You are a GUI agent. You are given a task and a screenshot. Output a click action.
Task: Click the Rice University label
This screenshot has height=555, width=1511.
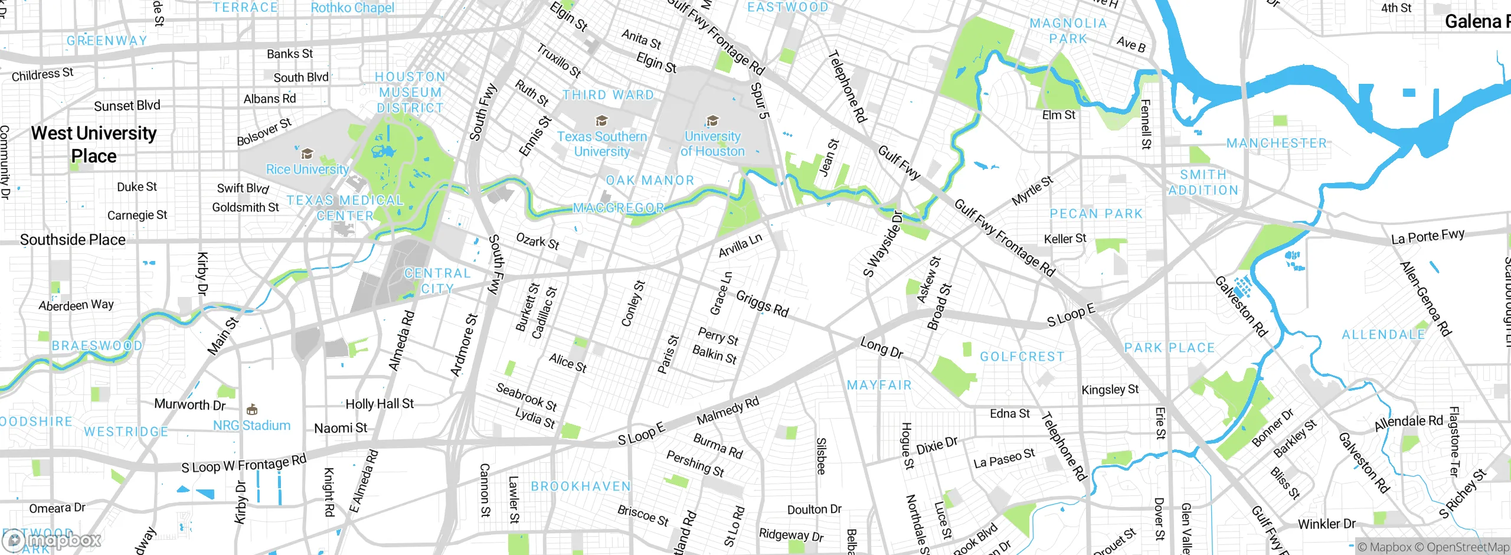(x=307, y=169)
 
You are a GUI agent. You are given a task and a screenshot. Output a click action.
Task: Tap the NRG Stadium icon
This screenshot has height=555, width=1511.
(x=252, y=409)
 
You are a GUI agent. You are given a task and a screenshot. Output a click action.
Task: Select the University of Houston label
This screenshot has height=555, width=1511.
(x=712, y=144)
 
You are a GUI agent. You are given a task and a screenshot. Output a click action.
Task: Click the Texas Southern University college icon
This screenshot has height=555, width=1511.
(x=601, y=121)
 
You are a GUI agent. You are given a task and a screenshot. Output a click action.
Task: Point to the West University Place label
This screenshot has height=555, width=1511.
(x=94, y=145)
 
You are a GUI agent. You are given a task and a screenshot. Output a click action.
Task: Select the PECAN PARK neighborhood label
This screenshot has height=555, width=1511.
(x=1096, y=214)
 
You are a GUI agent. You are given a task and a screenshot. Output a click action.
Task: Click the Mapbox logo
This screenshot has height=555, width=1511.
(x=52, y=540)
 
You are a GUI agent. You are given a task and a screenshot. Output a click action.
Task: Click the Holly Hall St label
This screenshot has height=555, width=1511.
(x=380, y=404)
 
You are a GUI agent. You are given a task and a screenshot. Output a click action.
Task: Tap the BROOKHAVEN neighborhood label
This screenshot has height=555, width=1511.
(x=581, y=487)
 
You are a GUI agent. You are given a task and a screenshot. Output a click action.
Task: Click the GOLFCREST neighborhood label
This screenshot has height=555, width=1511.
(x=1022, y=357)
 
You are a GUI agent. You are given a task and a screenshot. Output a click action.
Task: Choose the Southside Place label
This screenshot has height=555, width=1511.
(x=73, y=240)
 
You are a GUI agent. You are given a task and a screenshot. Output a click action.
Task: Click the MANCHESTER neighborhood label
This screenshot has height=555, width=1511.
(x=1276, y=143)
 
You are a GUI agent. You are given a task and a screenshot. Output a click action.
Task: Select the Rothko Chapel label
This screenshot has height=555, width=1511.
(x=352, y=8)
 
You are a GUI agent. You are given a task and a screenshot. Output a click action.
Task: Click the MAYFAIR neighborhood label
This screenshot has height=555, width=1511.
(x=879, y=386)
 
